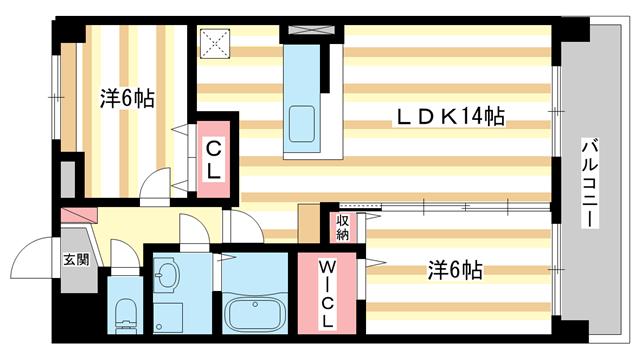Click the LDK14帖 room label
(x=447, y=119)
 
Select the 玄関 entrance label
(x=76, y=259)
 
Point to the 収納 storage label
(x=342, y=226)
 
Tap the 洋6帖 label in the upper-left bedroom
(x=126, y=100)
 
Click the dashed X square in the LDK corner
(x=214, y=43)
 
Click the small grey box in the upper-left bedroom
(x=67, y=177)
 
